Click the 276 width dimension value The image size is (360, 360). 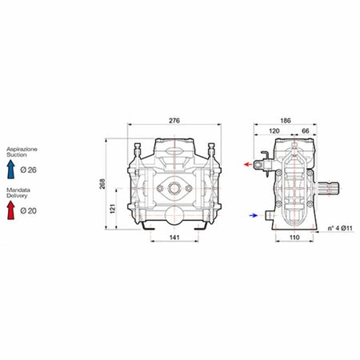(174, 120)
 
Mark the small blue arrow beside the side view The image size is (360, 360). (253, 214)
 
